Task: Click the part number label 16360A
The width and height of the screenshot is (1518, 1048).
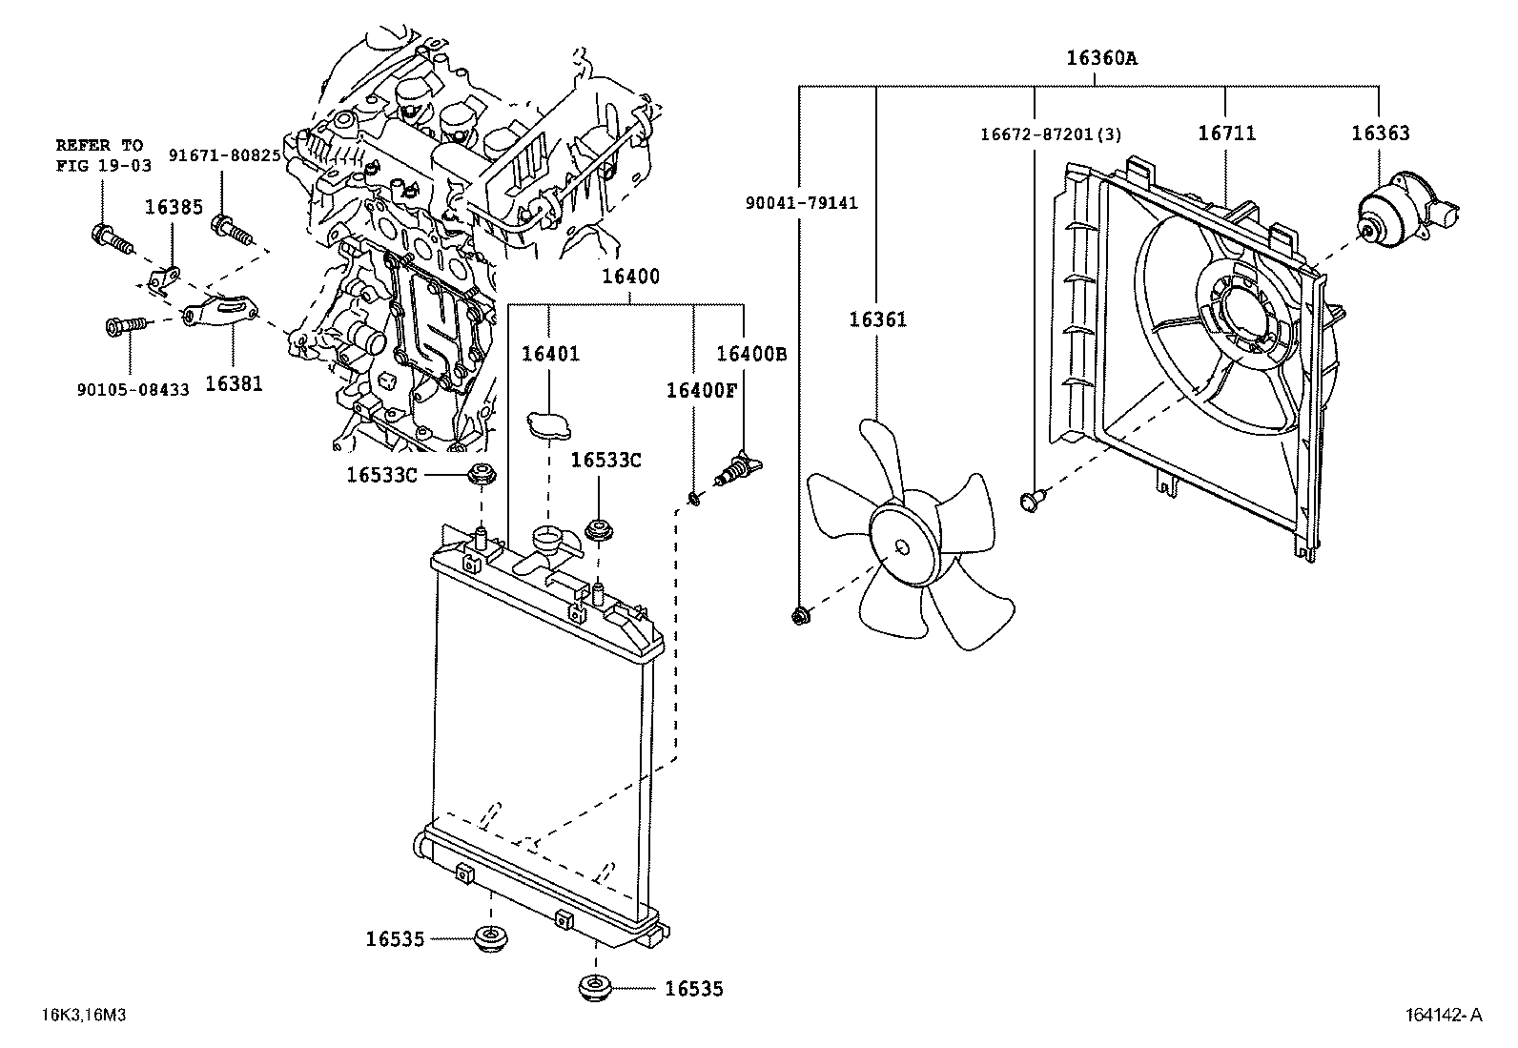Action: tap(1101, 58)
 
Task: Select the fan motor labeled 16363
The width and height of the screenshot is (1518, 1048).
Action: tap(1397, 212)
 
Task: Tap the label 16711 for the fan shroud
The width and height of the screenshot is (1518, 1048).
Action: tap(1226, 134)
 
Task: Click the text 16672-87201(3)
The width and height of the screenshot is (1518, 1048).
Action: tap(1051, 134)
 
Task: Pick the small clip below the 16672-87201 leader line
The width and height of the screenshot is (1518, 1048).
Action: tap(1032, 498)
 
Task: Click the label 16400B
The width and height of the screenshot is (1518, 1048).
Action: tap(751, 354)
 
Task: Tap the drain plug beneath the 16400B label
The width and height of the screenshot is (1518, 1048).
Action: tap(740, 467)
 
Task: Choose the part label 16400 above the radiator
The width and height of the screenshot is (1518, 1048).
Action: tap(629, 277)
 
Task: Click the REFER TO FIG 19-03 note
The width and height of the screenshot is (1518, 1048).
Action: tap(99, 154)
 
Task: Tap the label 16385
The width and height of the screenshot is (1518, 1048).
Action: tap(174, 206)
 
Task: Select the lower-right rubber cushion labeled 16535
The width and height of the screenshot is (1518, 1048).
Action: tap(596, 988)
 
